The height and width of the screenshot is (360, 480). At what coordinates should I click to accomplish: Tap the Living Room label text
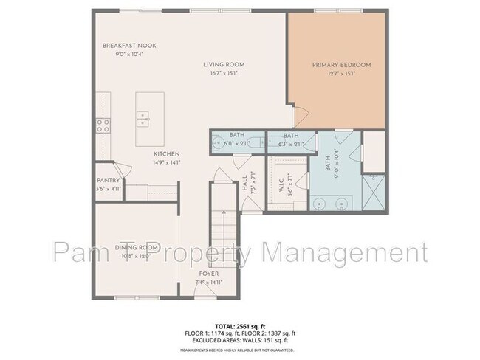[x=224, y=65]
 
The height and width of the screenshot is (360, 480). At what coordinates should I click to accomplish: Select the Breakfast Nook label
[x=129, y=46]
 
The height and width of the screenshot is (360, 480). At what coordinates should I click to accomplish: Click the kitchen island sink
[x=142, y=118]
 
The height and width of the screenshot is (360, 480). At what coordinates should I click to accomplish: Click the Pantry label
[x=109, y=180]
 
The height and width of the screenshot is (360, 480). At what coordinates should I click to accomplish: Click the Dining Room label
[x=137, y=246]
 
